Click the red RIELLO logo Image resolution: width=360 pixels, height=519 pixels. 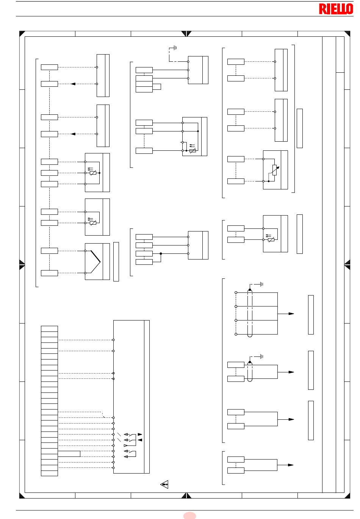(x=336, y=9)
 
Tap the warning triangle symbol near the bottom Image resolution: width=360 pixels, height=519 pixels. (x=164, y=484)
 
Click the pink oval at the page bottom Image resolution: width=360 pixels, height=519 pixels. (x=189, y=516)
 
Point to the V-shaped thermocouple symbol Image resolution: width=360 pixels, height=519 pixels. (x=95, y=262)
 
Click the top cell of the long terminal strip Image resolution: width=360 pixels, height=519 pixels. (x=49, y=329)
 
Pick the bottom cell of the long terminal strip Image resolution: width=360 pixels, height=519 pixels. (x=49, y=473)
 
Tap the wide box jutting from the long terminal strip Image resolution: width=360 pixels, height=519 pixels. (x=69, y=454)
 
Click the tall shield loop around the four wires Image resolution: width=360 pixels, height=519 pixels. (x=250, y=313)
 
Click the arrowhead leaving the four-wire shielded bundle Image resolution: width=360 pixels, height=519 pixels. (x=291, y=314)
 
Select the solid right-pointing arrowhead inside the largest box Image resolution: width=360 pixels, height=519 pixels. (x=140, y=435)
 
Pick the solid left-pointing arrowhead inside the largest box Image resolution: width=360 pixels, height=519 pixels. (x=140, y=440)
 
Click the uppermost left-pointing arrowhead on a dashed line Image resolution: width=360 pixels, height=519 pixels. (x=73, y=84)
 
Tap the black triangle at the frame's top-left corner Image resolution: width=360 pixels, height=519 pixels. (x=22, y=33)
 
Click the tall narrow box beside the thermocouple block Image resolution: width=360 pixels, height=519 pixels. (x=116, y=262)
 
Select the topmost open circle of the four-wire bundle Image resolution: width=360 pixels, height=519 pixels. (x=236, y=292)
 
